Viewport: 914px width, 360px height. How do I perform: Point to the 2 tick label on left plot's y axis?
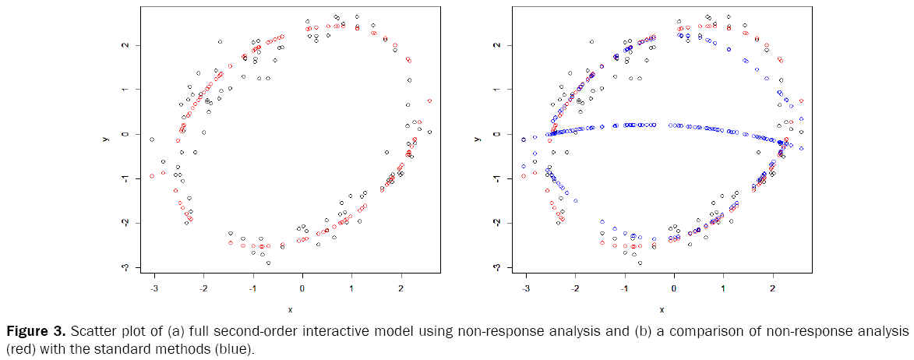click(127, 45)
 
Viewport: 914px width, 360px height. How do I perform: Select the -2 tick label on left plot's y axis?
click(127, 223)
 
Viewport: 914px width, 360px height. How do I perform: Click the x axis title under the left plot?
click(290, 309)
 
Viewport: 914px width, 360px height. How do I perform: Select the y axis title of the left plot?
click(105, 139)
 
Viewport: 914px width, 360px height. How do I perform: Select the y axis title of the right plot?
click(477, 139)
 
